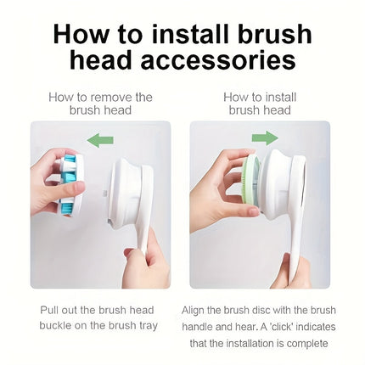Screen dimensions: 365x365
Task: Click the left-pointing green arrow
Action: (x=100, y=140)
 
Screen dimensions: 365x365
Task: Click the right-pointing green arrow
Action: (x=265, y=138)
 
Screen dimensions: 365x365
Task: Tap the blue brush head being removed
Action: (x=69, y=183)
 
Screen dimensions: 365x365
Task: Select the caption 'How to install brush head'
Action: (x=260, y=103)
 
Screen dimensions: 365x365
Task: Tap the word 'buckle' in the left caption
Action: (x=57, y=325)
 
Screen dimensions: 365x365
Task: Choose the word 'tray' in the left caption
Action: (x=146, y=325)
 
